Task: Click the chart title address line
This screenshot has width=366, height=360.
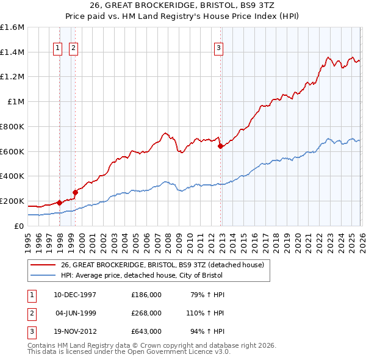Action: pos(183,5)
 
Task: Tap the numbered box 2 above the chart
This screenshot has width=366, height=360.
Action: pos(73,48)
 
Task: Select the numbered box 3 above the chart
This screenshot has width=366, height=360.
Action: pos(218,48)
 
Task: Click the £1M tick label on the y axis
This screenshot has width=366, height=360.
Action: pos(16,102)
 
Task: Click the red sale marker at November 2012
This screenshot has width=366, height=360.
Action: pos(220,146)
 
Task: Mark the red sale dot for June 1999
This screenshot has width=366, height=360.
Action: pos(75,192)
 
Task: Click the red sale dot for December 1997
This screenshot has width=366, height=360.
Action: pos(59,203)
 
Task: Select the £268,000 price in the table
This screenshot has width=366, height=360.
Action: pos(146,313)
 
